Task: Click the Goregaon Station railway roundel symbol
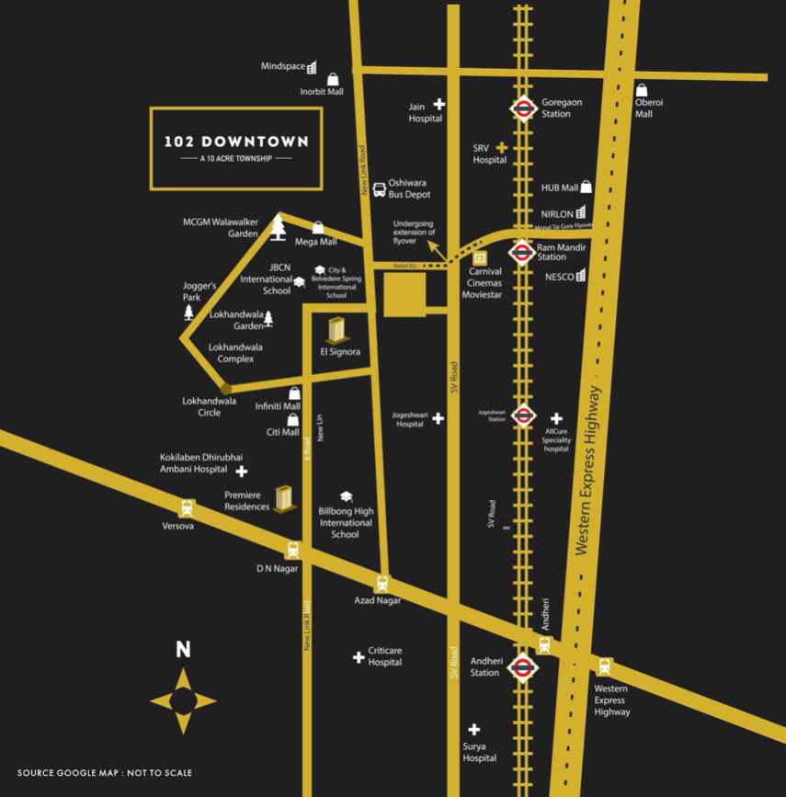tap(523, 109)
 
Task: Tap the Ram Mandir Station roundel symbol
tap(522, 251)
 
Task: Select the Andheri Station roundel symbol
tap(522, 668)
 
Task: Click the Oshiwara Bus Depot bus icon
tap(379, 188)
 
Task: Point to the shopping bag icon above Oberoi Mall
tap(642, 90)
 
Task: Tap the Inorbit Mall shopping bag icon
tap(333, 79)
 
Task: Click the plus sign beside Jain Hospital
tap(439, 104)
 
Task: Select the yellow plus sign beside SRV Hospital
tap(502, 147)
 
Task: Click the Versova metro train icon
tap(188, 507)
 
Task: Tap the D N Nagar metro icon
tap(293, 550)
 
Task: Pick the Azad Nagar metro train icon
tap(382, 583)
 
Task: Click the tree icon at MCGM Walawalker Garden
tap(278, 227)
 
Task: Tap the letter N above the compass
tap(184, 650)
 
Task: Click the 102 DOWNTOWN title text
tap(236, 142)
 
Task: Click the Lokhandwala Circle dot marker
tap(226, 390)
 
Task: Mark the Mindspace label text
tap(282, 66)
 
